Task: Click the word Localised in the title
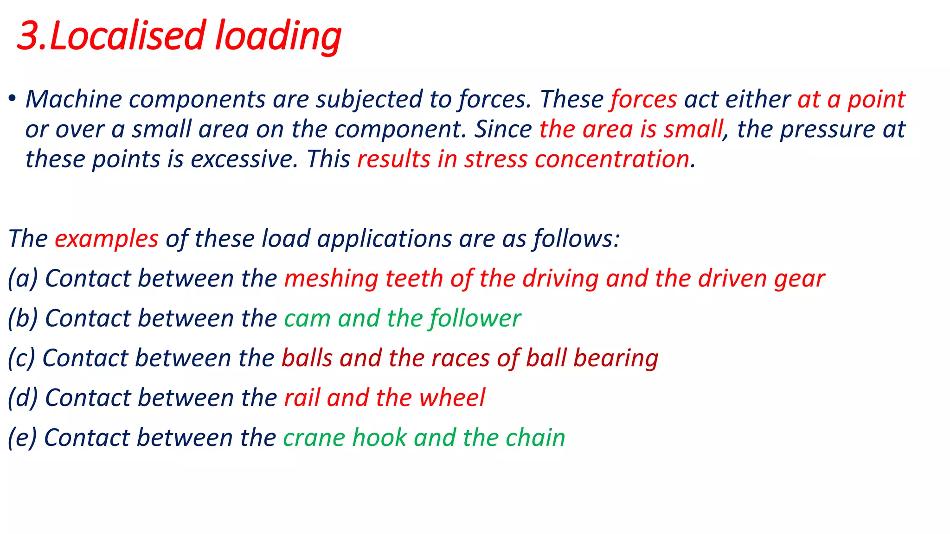click(127, 36)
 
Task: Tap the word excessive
click(244, 159)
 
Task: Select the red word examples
click(107, 239)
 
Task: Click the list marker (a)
click(23, 279)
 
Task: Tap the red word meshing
click(331, 279)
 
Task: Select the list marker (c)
click(21, 358)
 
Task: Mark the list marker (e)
click(22, 438)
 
